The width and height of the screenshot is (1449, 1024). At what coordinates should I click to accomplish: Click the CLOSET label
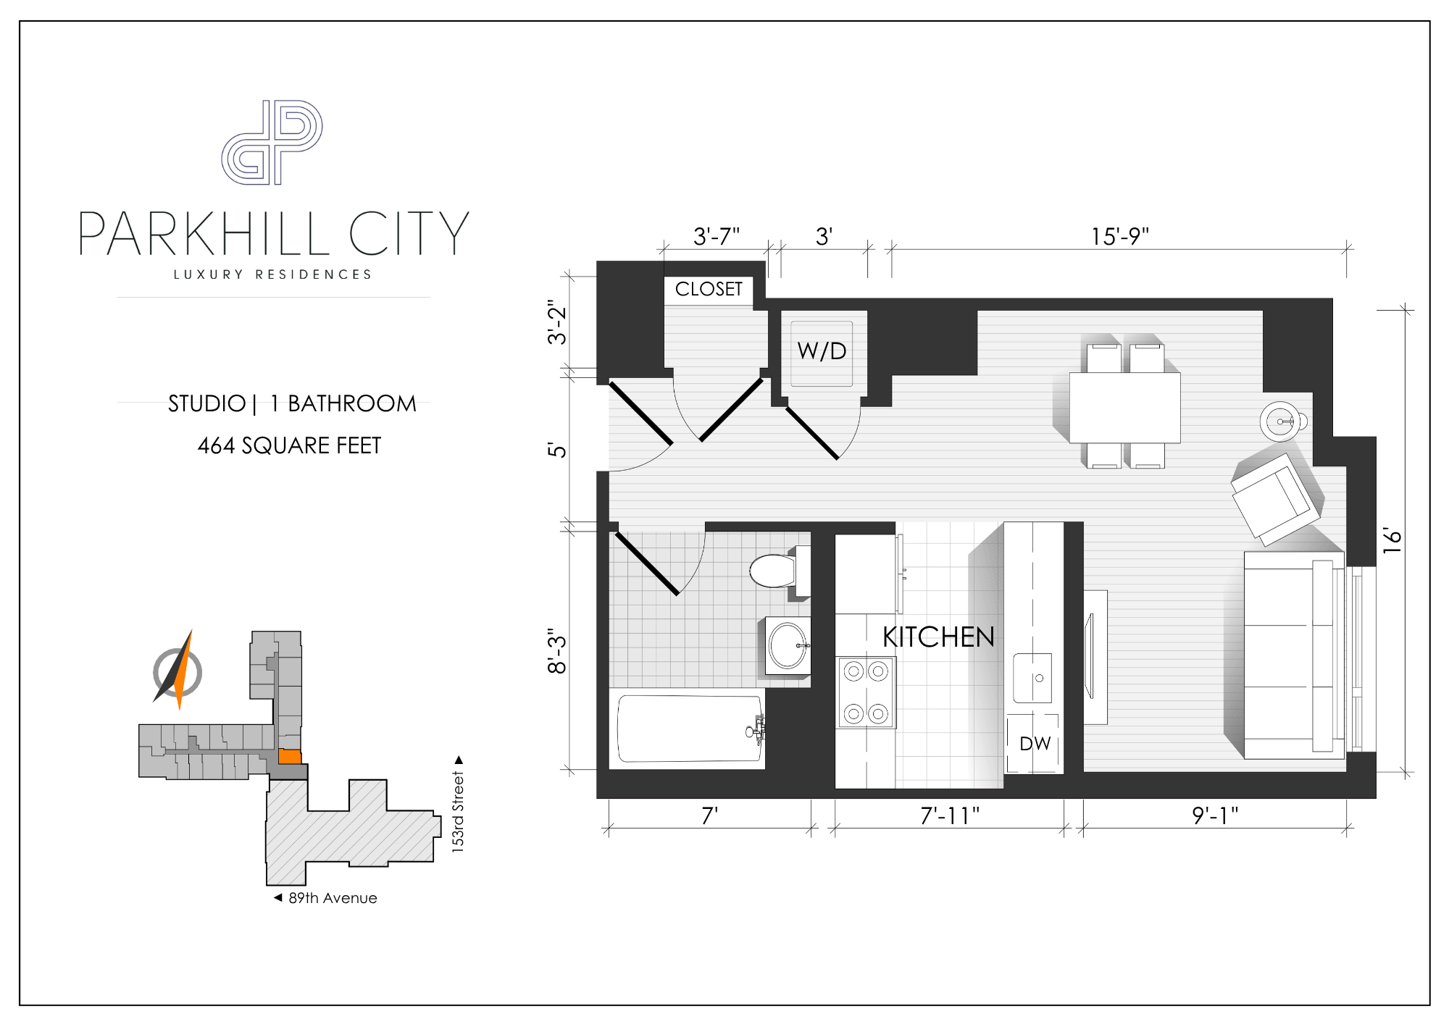709,289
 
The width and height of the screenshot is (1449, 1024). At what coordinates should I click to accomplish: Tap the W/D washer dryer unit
822,353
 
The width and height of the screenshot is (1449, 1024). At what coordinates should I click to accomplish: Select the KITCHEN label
938,637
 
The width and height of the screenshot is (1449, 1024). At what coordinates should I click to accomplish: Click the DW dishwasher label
1035,744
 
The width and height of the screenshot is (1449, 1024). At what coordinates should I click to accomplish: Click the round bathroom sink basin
788,645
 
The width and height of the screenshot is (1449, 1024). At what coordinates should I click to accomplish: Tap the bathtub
689,729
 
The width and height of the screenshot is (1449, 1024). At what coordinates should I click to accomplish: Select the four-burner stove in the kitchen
866,692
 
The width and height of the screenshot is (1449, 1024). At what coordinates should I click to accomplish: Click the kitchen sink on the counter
1032,678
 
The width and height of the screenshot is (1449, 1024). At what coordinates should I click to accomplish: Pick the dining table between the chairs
1125,408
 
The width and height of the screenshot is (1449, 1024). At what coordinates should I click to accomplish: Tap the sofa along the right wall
1294,655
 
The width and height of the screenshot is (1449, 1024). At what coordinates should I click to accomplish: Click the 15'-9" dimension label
1120,236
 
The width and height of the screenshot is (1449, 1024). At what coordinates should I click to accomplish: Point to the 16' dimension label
1392,540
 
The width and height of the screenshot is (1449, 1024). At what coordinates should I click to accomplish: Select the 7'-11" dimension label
950,816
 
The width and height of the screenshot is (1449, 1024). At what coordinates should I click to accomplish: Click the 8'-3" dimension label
556,651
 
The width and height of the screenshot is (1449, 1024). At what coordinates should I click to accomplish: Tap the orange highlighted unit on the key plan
290,757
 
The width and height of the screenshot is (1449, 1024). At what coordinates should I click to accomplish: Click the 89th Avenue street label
333,898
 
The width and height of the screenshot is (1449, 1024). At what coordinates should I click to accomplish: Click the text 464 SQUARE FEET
289,445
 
